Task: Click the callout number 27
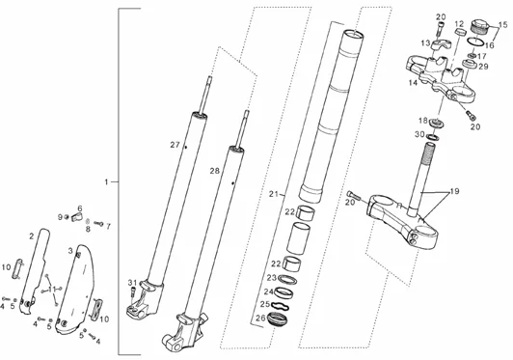click(175, 145)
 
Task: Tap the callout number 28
click(215, 171)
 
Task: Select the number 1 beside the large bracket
click(106, 181)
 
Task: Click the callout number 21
click(274, 194)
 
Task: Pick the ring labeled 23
click(287, 281)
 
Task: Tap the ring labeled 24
click(283, 292)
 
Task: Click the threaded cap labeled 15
click(479, 26)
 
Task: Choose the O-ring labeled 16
click(475, 42)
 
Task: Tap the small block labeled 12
click(461, 32)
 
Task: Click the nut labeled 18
click(437, 124)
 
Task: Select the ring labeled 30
click(433, 136)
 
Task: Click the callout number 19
click(455, 191)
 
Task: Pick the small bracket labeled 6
click(76, 217)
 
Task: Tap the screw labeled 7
click(98, 224)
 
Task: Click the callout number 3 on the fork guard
click(70, 251)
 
